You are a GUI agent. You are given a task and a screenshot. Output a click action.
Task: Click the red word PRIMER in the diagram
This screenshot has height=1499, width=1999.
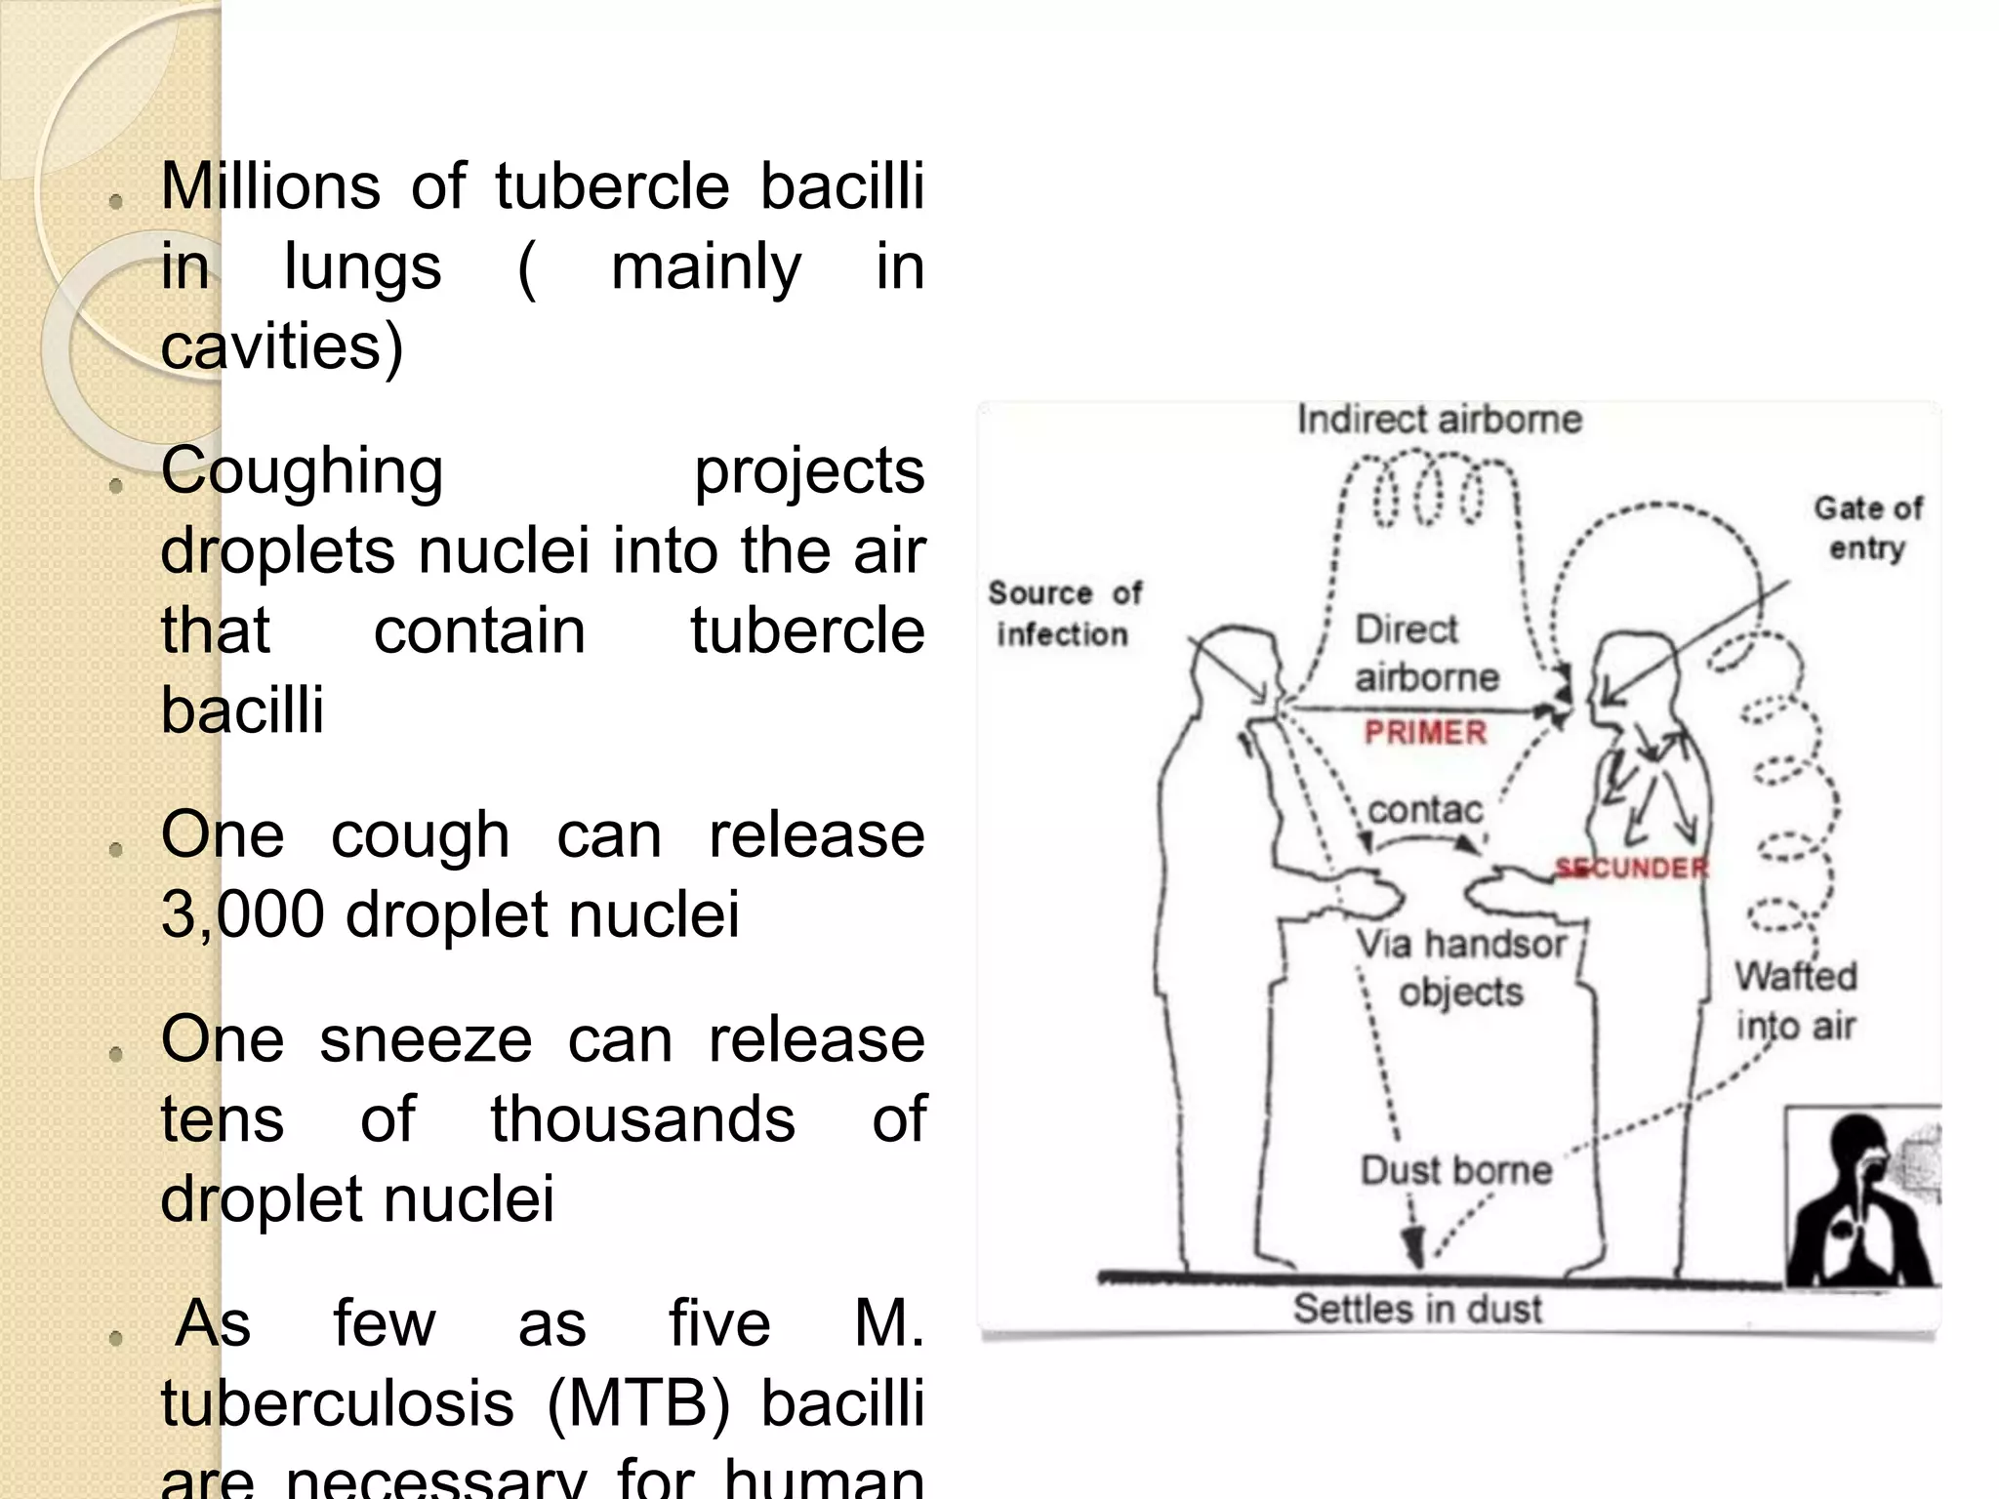1425,732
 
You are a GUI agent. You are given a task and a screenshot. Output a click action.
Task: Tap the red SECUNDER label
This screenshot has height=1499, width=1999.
1632,868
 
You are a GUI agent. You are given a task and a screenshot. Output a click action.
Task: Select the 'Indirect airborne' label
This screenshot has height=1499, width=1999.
1439,420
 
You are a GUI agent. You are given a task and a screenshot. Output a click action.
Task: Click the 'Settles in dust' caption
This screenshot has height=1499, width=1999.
1417,1309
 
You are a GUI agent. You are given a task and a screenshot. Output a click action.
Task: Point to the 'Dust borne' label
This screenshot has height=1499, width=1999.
1456,1170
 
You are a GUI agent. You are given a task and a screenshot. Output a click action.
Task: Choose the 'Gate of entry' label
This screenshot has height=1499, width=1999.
1867,528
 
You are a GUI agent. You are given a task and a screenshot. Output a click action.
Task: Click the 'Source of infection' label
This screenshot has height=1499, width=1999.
1064,614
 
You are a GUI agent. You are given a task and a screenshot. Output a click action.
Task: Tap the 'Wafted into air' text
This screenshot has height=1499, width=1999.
1796,1001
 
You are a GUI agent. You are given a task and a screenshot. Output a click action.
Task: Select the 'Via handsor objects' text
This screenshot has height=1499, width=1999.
1461,968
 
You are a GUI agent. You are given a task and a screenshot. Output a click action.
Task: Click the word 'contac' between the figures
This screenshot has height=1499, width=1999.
1425,810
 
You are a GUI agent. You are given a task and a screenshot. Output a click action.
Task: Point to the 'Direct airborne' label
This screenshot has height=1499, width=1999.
1425,653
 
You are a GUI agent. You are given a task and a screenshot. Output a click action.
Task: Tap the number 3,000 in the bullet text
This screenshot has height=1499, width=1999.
242,915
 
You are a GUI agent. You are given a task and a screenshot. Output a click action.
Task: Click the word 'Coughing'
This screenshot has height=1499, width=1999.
302,471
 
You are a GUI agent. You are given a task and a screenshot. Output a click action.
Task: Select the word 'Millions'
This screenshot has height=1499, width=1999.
270,186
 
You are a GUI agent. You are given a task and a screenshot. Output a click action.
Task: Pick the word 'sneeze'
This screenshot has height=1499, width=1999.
426,1039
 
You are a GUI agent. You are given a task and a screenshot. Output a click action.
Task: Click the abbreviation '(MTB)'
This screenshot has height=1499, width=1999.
638,1404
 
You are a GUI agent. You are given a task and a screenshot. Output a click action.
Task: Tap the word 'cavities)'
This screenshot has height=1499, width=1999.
281,346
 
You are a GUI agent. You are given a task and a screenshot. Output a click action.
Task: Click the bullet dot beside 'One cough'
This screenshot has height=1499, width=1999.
116,848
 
